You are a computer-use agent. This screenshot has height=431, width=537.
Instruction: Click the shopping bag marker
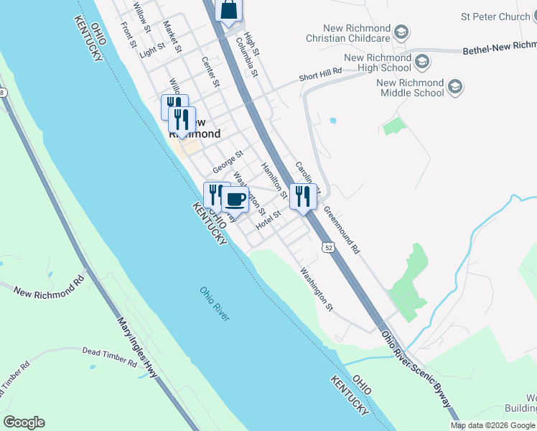[x=228, y=10]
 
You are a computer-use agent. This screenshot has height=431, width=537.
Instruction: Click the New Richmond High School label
[x=377, y=63]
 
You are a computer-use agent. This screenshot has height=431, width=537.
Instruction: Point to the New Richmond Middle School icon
[x=454, y=88]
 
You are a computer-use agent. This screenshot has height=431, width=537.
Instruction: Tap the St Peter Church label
[x=495, y=16]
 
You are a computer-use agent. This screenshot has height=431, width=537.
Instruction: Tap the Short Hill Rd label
[x=319, y=75]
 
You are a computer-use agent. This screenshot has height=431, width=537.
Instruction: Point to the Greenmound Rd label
[x=341, y=231]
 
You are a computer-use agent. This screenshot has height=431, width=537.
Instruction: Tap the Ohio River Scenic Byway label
[x=416, y=369]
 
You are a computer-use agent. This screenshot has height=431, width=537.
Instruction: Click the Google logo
[x=24, y=422]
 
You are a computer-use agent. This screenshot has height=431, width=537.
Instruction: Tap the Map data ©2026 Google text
[x=492, y=425]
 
